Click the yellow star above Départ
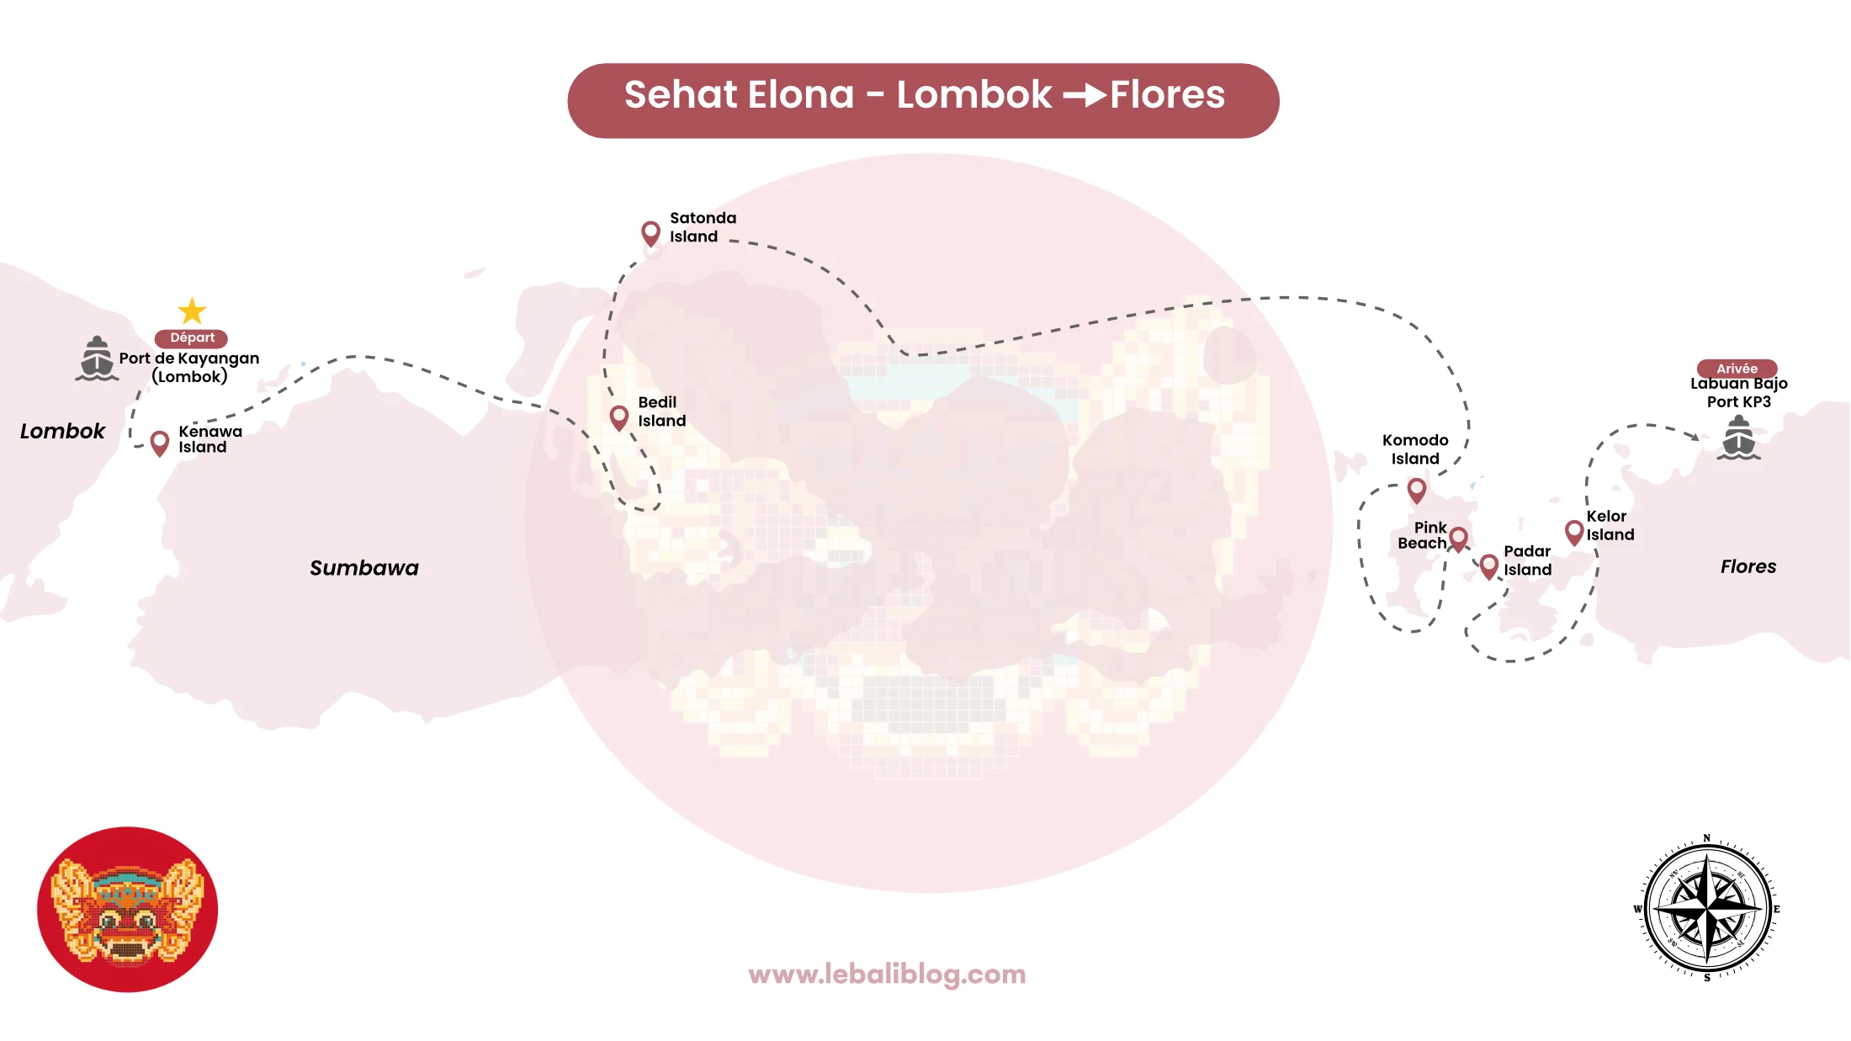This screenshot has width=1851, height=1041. click(x=192, y=311)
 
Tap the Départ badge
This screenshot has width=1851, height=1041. click(x=192, y=338)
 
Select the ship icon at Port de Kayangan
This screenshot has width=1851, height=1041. click(x=97, y=359)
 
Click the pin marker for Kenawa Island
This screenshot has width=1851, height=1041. click(x=159, y=443)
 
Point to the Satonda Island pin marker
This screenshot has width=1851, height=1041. click(x=650, y=233)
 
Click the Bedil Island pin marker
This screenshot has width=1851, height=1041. click(x=619, y=417)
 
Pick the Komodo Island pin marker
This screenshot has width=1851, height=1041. click(x=1417, y=490)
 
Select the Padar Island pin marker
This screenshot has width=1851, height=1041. click(x=1488, y=566)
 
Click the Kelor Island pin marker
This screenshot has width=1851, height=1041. click(x=1574, y=532)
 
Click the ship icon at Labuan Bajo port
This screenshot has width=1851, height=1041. click(x=1739, y=438)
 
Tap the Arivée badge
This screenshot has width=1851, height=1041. click(x=1737, y=369)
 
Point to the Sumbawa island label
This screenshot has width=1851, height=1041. click(x=363, y=568)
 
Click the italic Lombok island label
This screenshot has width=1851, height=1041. click(x=62, y=431)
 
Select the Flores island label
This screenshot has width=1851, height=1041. click(x=1748, y=566)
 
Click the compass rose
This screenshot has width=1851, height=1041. click(x=1707, y=908)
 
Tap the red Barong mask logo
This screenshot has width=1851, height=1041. click(x=128, y=909)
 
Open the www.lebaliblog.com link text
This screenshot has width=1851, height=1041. click(x=887, y=975)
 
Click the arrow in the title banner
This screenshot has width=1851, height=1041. click(x=1085, y=95)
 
